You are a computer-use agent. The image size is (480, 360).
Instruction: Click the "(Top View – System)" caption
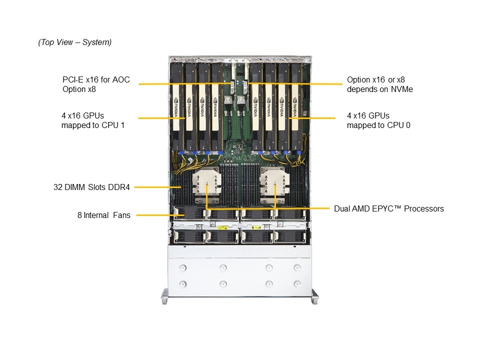click(x=74, y=42)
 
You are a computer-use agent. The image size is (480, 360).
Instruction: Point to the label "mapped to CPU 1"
click(x=92, y=125)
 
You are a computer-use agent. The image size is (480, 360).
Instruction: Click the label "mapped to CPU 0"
click(x=378, y=125)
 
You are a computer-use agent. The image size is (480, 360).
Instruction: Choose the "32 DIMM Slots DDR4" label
click(x=91, y=187)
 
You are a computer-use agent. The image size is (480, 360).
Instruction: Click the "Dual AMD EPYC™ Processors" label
click(x=388, y=208)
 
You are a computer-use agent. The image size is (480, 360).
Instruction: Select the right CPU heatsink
click(x=274, y=185)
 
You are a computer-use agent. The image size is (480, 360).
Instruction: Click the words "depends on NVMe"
click(x=380, y=89)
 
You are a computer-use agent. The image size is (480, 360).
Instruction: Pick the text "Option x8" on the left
click(x=79, y=89)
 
